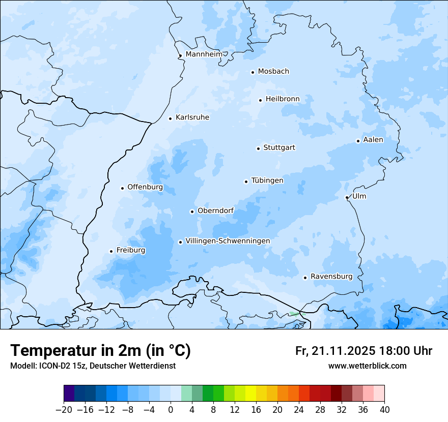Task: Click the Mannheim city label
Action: click(204, 54)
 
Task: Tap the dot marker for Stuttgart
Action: click(258, 148)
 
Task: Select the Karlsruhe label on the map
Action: click(192, 117)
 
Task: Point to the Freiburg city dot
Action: click(111, 251)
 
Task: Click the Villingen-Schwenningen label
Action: click(228, 241)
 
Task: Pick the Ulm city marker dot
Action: click(347, 197)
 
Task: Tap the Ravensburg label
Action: click(331, 277)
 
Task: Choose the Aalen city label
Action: click(373, 140)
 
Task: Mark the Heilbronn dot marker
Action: click(260, 100)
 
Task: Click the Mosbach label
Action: click(273, 72)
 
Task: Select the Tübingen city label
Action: click(267, 180)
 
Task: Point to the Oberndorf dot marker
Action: click(192, 212)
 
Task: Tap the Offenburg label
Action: click(145, 187)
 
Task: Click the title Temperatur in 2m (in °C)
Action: click(100, 350)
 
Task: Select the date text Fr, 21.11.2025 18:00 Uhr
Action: click(363, 351)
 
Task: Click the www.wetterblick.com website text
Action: click(367, 366)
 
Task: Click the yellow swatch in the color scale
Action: click(250, 394)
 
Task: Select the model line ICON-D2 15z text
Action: click(93, 366)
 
